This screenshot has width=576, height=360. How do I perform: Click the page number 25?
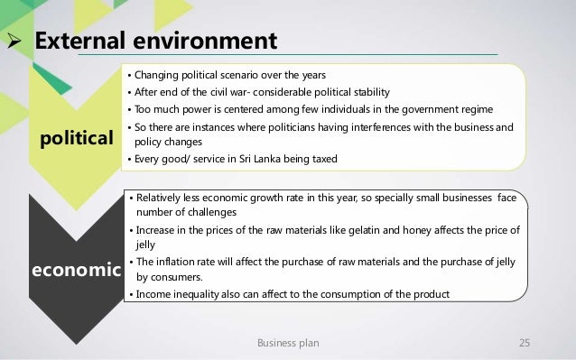pyautogui.click(x=523, y=343)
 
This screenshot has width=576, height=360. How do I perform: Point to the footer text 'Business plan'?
pyautogui.click(x=288, y=343)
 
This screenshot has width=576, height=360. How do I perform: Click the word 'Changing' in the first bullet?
pyautogui.click(x=157, y=73)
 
